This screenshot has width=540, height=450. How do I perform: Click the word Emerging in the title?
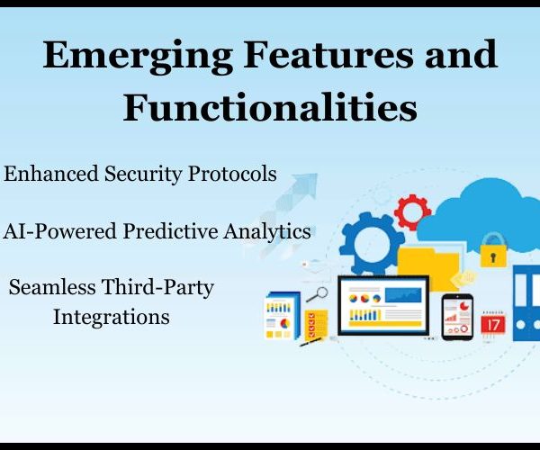138,56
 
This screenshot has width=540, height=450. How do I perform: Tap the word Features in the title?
328,53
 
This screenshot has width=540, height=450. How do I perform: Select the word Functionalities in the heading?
270,107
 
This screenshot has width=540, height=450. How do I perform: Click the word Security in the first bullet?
142,175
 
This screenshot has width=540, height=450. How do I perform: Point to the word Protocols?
232,173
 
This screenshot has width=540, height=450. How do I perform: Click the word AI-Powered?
59,231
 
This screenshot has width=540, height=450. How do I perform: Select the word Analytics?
267,232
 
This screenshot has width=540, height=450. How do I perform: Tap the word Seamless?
52,287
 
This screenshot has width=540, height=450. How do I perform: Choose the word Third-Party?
158,288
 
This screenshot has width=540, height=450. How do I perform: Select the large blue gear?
372,243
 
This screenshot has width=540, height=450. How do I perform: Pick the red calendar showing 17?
493,323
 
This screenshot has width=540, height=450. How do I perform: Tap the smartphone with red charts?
457,317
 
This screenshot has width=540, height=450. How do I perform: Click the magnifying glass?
317,294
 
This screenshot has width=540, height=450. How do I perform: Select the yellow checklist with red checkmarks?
316,324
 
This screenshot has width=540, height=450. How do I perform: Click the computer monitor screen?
383,306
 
